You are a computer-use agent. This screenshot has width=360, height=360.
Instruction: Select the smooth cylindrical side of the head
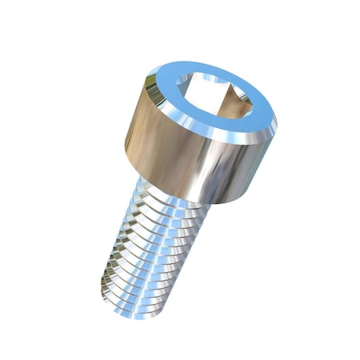point(192,160)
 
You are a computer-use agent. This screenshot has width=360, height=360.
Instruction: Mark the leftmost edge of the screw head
point(126,148)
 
